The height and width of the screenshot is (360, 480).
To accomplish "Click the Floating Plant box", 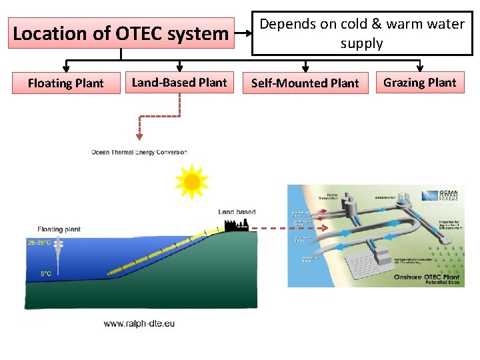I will tap(66, 83).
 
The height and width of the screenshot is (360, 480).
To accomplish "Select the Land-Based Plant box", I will tap(179, 83).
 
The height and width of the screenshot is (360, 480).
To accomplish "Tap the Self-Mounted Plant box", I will tap(305, 83).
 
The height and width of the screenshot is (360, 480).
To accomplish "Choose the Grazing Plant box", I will tap(420, 83).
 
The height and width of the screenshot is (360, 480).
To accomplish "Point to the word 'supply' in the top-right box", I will tap(361, 44).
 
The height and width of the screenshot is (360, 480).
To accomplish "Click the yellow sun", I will tap(191, 181).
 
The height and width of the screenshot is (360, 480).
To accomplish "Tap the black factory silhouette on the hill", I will tap(237, 225).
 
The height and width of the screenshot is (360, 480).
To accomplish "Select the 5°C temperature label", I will tap(45, 273).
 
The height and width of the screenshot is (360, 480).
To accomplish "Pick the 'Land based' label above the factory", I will tap(237, 212).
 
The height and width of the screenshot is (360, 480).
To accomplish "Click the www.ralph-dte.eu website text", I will tap(139, 323).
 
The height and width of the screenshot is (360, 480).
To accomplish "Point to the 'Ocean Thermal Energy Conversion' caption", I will tap(139, 153).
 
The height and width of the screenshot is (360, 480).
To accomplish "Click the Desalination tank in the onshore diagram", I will tap(403, 199).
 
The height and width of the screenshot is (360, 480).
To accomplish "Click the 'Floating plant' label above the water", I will tap(59, 229).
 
